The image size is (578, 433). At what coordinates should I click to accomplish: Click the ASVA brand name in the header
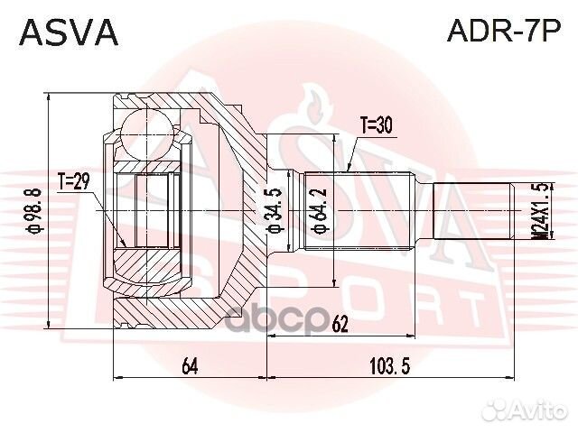tap(69, 32)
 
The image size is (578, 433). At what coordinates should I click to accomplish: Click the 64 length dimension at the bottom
tap(190, 366)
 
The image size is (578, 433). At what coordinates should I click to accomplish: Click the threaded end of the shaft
tap(474, 208)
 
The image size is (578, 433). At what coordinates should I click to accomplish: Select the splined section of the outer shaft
tap(358, 208)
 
